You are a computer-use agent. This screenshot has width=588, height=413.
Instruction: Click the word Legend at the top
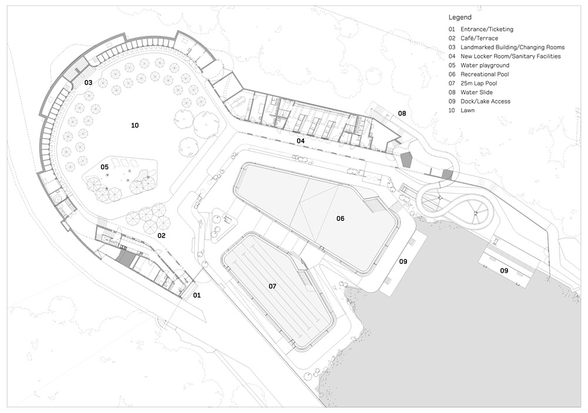[459, 18]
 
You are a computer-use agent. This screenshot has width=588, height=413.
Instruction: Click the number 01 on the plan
[197, 295]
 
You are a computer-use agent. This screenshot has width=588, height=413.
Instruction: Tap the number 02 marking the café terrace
[161, 235]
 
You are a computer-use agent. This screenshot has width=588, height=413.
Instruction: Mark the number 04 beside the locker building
[300, 141]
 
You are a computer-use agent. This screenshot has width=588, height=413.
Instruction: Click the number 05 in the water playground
[105, 167]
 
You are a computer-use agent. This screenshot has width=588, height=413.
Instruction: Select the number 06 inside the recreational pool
[340, 219]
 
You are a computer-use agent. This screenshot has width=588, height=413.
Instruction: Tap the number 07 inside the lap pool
[272, 286]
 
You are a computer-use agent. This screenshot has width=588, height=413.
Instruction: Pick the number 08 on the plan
[402, 113]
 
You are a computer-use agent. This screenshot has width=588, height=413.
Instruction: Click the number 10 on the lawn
[135, 125]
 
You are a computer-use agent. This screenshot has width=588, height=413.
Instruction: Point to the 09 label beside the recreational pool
[403, 261]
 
